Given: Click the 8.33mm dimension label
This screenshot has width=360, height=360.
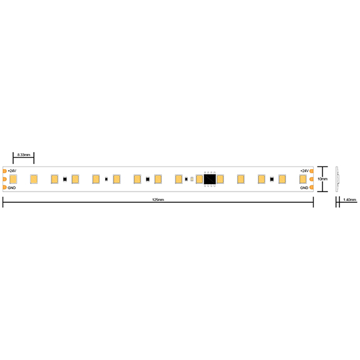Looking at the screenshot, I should click(23, 154).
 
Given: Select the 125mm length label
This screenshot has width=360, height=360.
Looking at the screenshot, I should click(158, 200).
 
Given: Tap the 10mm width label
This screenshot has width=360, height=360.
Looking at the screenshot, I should click(322, 179).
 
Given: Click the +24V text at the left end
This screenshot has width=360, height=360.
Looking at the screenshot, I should click(12, 171).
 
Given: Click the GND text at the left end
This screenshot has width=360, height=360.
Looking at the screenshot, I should click(11, 188).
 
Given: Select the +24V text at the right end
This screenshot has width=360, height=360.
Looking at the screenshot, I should click(304, 171).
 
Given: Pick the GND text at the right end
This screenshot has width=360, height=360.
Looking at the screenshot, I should click(304, 188).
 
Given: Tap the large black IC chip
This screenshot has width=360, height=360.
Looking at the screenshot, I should click(210, 180).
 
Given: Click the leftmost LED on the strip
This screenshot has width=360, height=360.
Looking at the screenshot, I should click(13, 180).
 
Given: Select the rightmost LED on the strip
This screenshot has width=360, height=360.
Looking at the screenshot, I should click(303, 180).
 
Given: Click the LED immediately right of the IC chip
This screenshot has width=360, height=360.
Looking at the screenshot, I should click(220, 180).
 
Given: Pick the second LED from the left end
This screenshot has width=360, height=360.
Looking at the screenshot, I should click(34, 180).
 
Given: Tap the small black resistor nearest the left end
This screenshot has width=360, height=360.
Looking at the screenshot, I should click(65, 180).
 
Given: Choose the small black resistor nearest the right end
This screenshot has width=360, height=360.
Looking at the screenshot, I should click(272, 180).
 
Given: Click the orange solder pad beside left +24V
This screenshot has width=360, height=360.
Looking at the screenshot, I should click(4, 171).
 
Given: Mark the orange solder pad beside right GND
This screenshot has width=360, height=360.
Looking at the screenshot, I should click(312, 188).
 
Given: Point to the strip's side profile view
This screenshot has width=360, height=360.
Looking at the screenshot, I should click(337, 179).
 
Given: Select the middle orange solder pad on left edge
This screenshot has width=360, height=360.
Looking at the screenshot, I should click(4, 180).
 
